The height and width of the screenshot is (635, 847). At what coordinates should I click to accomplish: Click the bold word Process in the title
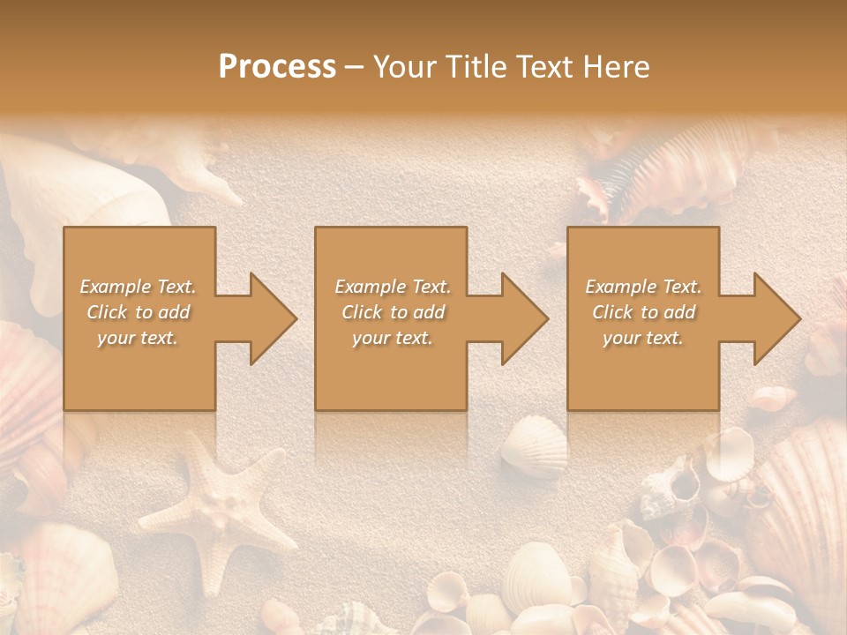pyautogui.click(x=277, y=67)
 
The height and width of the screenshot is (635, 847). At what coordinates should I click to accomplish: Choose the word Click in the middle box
pyautogui.click(x=362, y=312)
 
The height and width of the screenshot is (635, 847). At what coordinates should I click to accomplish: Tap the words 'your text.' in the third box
pyautogui.click(x=642, y=338)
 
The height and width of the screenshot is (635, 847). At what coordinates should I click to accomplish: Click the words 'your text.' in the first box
pyautogui.click(x=139, y=338)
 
